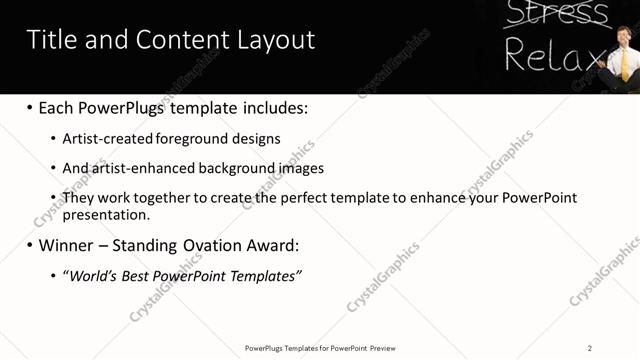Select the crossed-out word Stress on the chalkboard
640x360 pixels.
tap(556, 14)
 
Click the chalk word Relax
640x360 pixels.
tap(553, 55)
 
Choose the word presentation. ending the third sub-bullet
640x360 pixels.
tap(106, 214)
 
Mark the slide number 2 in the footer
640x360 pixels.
tap(590, 348)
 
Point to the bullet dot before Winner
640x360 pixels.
tap(30, 245)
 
